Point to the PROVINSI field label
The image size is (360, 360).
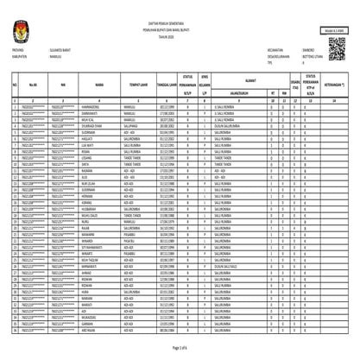(21, 52)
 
